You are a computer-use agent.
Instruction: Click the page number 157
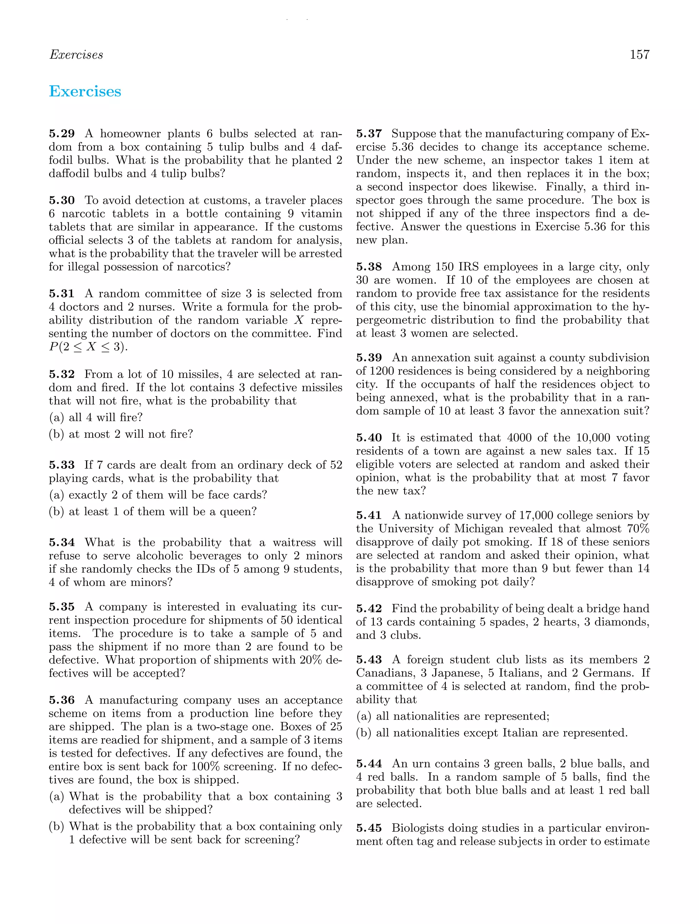(x=639, y=55)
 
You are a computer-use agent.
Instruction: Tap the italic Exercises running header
(x=76, y=55)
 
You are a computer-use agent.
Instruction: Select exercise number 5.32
(x=62, y=374)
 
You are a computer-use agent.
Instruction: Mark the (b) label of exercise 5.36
(x=56, y=827)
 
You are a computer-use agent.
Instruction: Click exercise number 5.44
(x=369, y=764)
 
